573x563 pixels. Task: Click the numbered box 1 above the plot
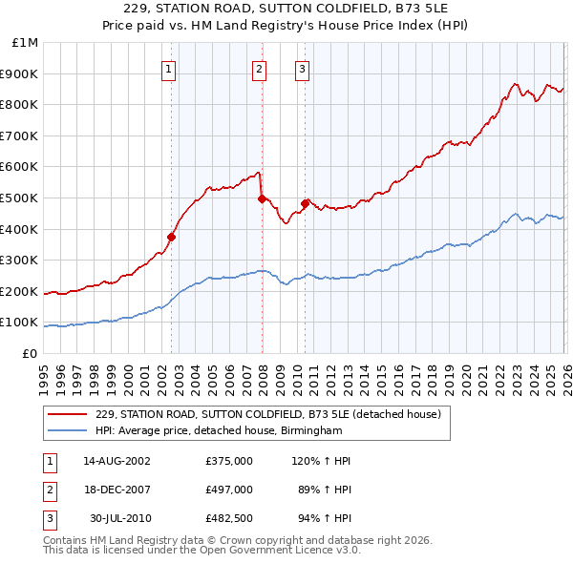(168, 68)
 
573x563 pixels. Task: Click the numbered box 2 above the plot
(259, 68)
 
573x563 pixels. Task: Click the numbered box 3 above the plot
(302, 68)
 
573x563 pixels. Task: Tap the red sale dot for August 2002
(172, 237)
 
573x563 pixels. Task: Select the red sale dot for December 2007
(262, 198)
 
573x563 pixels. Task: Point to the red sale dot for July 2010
(306, 203)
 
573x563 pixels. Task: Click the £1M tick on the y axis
(26, 43)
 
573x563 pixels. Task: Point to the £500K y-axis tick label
(20, 198)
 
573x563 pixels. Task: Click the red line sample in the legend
(67, 414)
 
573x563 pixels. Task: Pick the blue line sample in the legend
(67, 430)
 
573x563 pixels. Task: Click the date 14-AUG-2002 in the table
(117, 461)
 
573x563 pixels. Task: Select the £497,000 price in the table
(229, 490)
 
